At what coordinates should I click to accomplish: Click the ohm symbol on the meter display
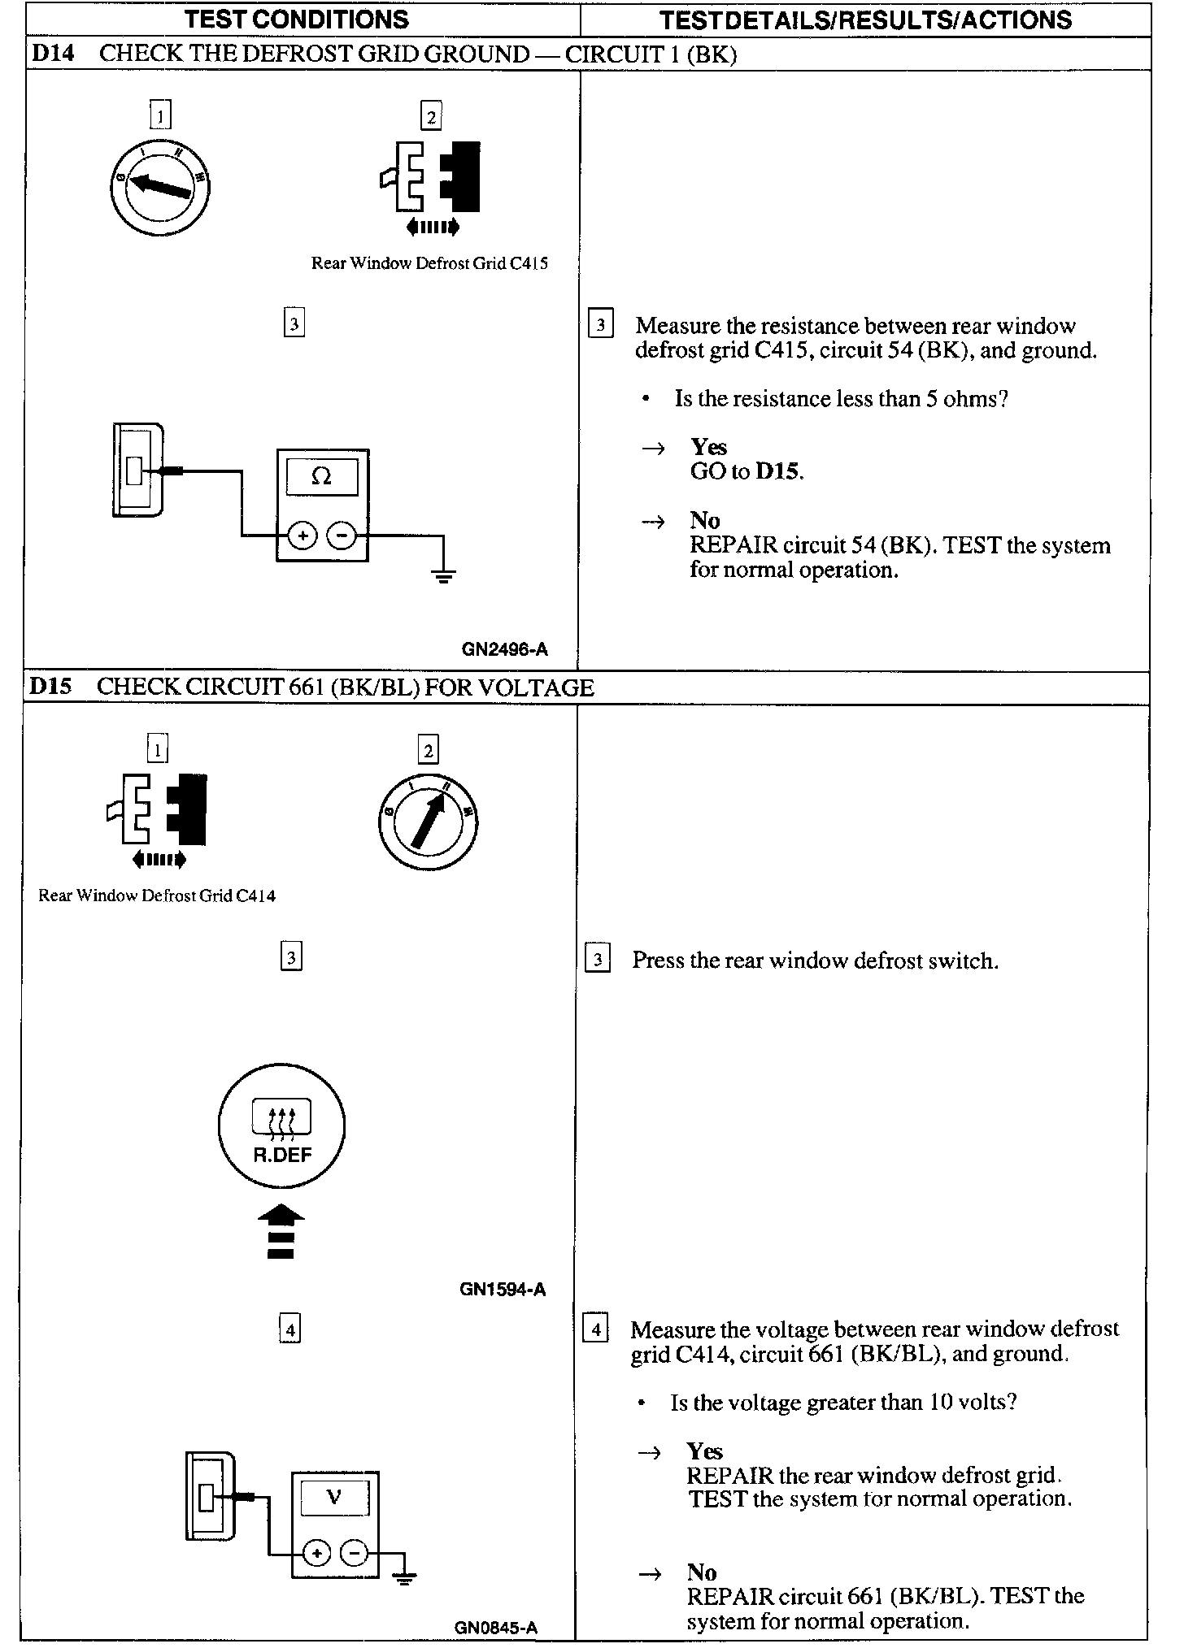[x=322, y=477]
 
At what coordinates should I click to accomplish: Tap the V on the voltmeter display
[x=334, y=1497]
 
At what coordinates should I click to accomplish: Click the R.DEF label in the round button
[x=282, y=1155]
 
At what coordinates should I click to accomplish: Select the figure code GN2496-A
[x=505, y=649]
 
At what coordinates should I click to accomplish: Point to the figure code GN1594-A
[x=503, y=1290]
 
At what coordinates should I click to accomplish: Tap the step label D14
[x=52, y=54]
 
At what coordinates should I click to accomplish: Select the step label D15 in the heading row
[x=50, y=687]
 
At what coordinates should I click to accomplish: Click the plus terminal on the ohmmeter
[x=303, y=536]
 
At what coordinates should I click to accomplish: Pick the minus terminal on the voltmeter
[x=355, y=1553]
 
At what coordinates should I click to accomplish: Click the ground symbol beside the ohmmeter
[x=443, y=577]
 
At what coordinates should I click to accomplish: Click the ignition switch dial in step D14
[x=160, y=187]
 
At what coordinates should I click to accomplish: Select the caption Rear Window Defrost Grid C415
[x=429, y=263]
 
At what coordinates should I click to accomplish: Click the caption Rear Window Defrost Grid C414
[x=157, y=896]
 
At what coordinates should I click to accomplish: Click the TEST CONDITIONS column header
[x=296, y=20]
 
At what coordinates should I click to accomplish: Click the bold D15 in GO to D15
[x=778, y=472]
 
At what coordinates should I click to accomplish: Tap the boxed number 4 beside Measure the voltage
[x=596, y=1330]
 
